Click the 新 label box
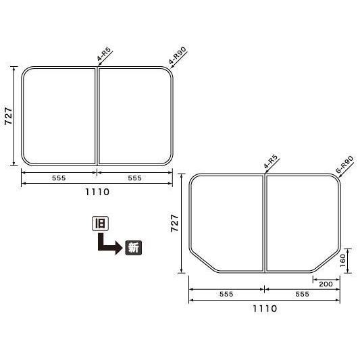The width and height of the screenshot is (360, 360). (x=133, y=247)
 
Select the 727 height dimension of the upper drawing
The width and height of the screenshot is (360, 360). (x=7, y=116)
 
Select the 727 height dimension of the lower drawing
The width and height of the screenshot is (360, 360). (x=175, y=223)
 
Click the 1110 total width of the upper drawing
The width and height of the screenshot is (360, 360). (x=97, y=192)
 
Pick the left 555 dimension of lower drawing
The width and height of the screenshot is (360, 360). (x=226, y=294)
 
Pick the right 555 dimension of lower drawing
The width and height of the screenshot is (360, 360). (x=302, y=294)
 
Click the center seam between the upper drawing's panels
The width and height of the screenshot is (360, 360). (x=97, y=116)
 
